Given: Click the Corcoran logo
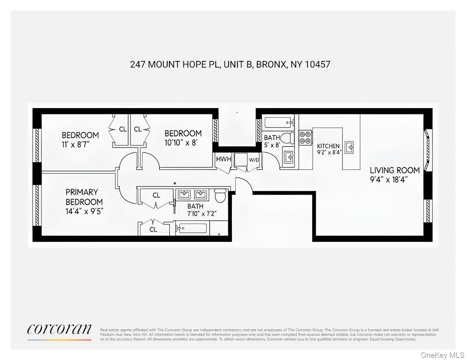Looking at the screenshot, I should pyautogui.click(x=59, y=329).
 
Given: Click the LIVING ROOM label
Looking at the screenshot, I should pyautogui.click(x=395, y=170).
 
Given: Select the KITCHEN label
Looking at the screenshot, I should pyautogui.click(x=328, y=146).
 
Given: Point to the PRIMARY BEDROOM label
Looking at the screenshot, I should pyautogui.click(x=84, y=197).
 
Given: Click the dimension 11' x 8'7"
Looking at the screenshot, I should pyautogui.click(x=76, y=144).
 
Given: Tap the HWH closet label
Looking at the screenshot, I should pyautogui.click(x=223, y=159).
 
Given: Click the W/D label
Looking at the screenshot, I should pyautogui.click(x=254, y=160).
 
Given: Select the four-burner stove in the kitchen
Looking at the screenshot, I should pyautogui.click(x=305, y=137).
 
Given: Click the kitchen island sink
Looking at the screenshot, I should pyautogui.click(x=349, y=147).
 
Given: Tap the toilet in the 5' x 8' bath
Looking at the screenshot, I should pyautogui.click(x=288, y=138).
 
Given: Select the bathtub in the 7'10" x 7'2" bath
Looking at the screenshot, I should pyautogui.click(x=192, y=228).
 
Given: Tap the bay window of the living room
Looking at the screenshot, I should pyautogui.click(x=427, y=150).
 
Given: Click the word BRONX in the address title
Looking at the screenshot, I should pyautogui.click(x=271, y=64).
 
